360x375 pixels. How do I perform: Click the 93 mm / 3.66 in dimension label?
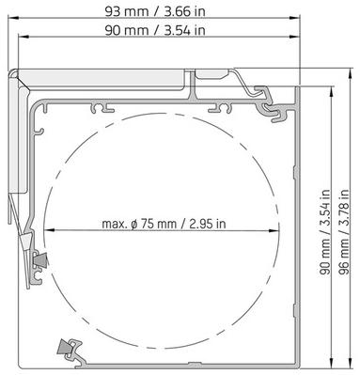[x=155, y=11]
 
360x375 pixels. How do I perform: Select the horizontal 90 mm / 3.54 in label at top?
[x=155, y=30]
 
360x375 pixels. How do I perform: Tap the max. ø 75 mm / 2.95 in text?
[x=164, y=224]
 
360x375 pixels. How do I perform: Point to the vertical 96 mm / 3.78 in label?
[x=344, y=232]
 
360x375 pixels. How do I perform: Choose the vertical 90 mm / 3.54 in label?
[x=324, y=232]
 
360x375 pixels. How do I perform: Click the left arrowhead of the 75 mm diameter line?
[x=50, y=230]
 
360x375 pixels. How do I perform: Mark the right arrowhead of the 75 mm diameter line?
[x=274, y=230]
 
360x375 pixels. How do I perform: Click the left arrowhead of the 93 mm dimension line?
[x=13, y=18]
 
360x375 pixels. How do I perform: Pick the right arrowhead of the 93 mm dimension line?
[x=294, y=18]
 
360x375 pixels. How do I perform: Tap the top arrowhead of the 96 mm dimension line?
[x=350, y=74]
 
